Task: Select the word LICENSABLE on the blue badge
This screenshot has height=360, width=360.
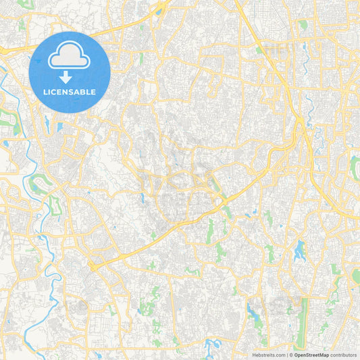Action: click(70, 91)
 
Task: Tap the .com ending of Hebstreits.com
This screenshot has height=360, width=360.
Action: click(280, 355)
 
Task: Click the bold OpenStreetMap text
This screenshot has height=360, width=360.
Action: click(311, 355)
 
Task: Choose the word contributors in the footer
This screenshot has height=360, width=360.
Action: click(343, 355)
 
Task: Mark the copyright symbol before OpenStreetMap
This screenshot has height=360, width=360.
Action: click(291, 355)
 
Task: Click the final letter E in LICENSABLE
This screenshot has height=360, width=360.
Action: click(93, 91)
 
